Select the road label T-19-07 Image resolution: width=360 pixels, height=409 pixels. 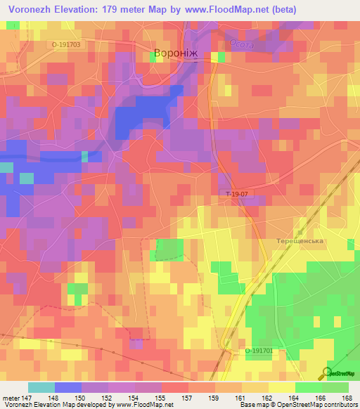(238, 193)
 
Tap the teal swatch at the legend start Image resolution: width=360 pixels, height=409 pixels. (41, 387)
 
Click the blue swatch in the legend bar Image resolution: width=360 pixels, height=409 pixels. (67, 387)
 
